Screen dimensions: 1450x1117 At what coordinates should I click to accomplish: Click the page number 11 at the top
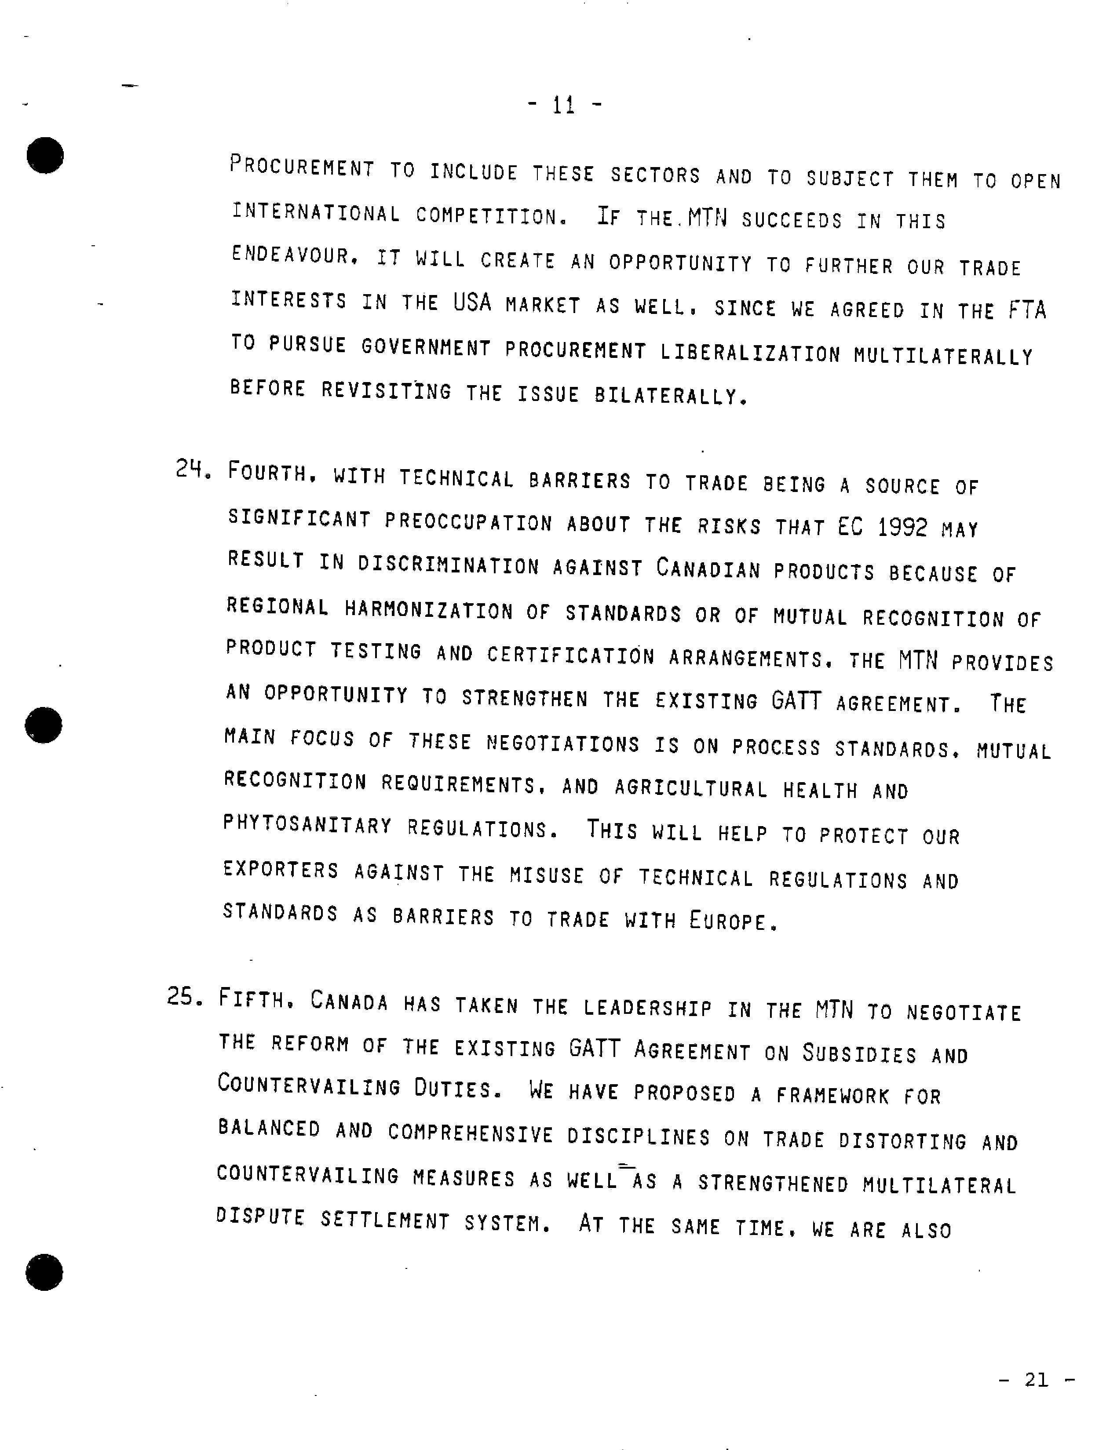pyautogui.click(x=564, y=105)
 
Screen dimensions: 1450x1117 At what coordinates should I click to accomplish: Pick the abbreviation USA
pyautogui.click(x=472, y=303)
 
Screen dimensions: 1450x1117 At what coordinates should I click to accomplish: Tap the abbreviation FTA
pyautogui.click(x=1027, y=310)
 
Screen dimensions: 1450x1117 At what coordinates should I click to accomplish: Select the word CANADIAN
pyautogui.click(x=707, y=568)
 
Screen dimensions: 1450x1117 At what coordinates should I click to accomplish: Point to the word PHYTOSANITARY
pyautogui.click(x=307, y=825)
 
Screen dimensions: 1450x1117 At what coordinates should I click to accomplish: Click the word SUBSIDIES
pyautogui.click(x=859, y=1053)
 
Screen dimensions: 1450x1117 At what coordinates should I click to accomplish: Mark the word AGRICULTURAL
pyautogui.click(x=691, y=788)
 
